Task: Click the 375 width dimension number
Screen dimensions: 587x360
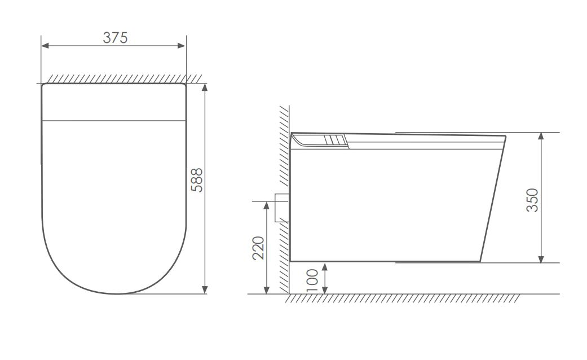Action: [x=115, y=37]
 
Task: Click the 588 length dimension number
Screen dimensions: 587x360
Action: [x=197, y=180]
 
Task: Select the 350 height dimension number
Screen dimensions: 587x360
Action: [x=532, y=200]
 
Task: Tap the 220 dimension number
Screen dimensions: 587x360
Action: [x=258, y=248]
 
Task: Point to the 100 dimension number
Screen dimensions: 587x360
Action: [x=312, y=280]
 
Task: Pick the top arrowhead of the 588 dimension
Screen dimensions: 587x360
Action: [x=204, y=88]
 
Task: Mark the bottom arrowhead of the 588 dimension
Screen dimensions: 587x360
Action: [x=204, y=289]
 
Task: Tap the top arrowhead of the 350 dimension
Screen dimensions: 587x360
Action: [x=541, y=137]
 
